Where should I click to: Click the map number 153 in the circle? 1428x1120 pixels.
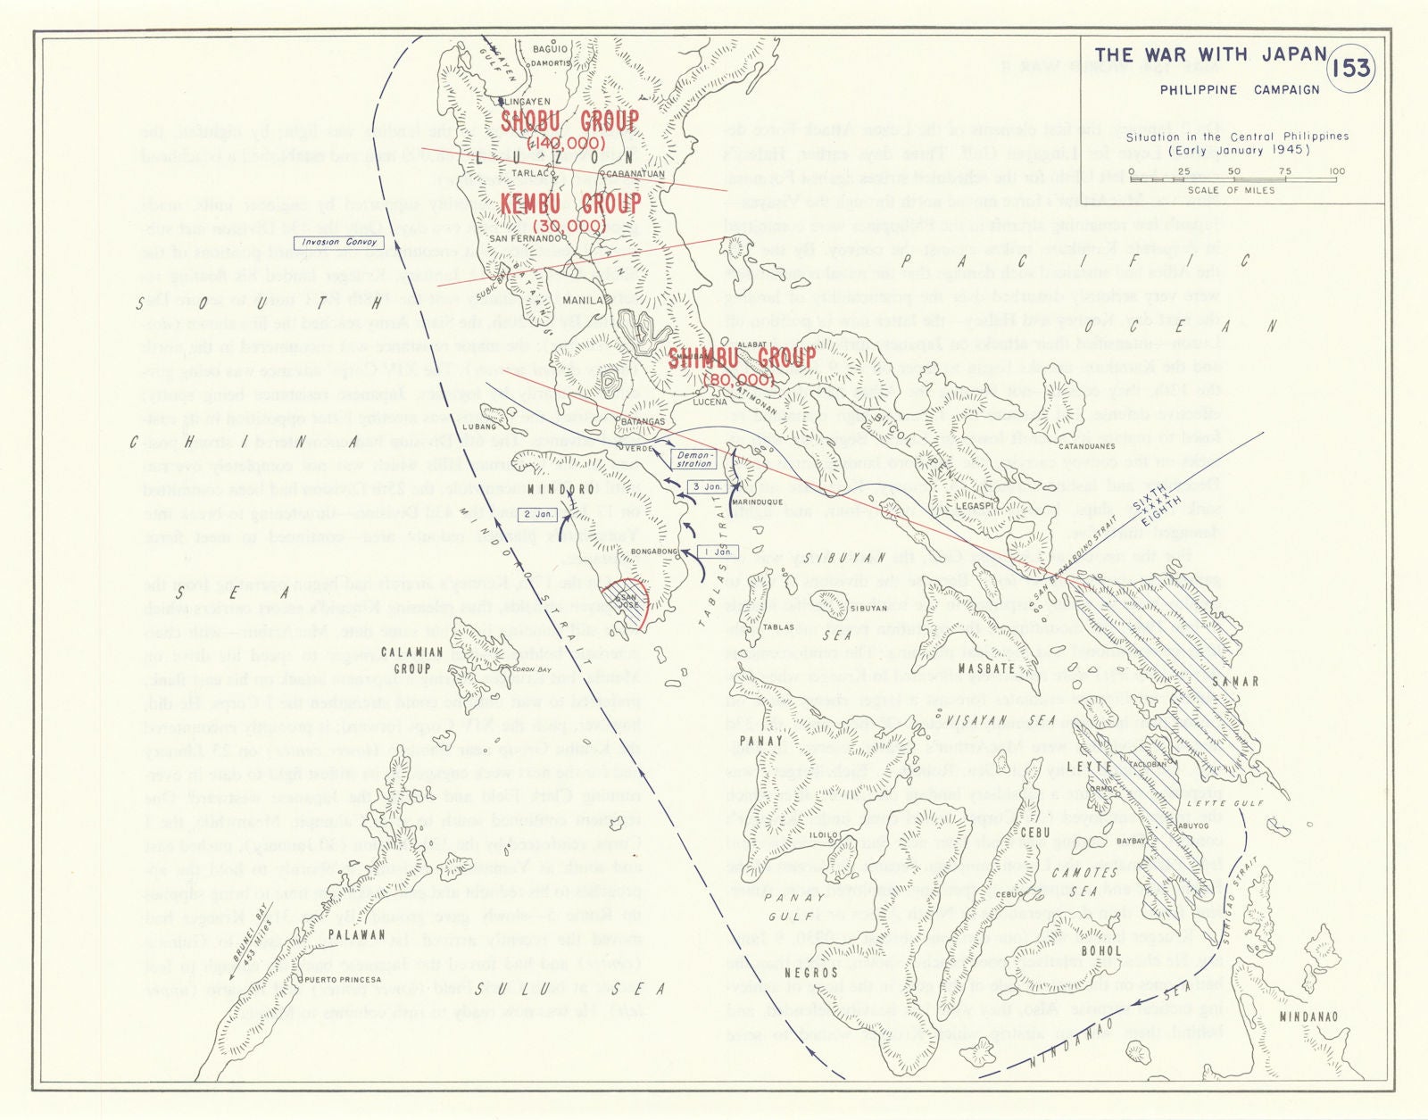[x=1350, y=69]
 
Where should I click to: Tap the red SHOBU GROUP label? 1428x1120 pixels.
[x=569, y=121]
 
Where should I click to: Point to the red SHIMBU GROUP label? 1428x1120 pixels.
[x=742, y=359]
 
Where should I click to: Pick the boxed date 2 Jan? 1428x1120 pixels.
[x=538, y=514]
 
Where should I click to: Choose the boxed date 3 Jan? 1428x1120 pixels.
[x=706, y=486]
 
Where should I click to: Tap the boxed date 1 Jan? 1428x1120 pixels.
[x=718, y=552]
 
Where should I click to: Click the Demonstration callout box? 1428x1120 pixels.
[x=694, y=459]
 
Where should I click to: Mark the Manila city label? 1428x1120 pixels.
[x=583, y=301]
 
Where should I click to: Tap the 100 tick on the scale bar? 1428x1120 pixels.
[x=1336, y=171]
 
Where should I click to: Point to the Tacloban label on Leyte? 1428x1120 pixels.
[x=1147, y=764]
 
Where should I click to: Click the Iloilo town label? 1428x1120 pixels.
[x=823, y=835]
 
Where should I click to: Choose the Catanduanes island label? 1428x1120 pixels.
[x=1086, y=446]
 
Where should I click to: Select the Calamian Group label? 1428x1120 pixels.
[x=411, y=660]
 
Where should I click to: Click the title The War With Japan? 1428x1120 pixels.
[x=1211, y=55]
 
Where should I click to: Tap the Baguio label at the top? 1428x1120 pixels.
[x=550, y=49]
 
